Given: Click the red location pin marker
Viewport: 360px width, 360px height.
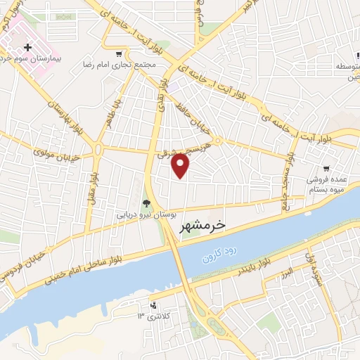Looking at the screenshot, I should click(181, 165).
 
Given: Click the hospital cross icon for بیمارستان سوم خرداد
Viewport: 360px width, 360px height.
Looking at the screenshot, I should click(28, 47).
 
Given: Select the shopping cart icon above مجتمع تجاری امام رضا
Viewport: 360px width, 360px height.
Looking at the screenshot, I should click(120, 53).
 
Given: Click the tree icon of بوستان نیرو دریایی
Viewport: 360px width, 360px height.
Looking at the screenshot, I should click(147, 201).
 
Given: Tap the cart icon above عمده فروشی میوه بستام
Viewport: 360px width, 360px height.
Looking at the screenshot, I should click(326, 168).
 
